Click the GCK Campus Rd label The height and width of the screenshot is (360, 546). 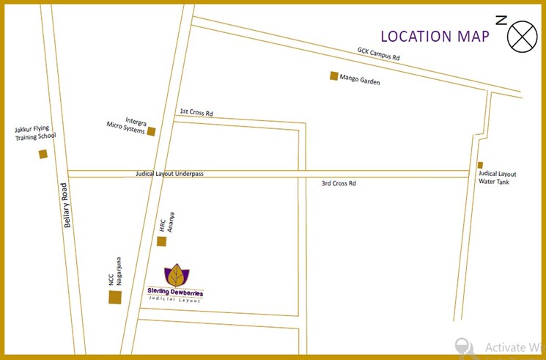click(x=379, y=54)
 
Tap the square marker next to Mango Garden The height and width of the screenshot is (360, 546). click(x=334, y=76)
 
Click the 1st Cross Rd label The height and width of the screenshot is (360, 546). click(x=196, y=113)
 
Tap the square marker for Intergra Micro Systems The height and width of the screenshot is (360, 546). click(x=152, y=132)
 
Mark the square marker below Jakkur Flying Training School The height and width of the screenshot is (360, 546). click(x=43, y=154)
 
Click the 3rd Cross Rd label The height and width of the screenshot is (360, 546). click(x=338, y=183)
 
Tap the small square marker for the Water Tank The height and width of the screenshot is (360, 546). click(x=481, y=165)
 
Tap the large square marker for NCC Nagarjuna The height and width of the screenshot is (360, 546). click(x=115, y=297)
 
